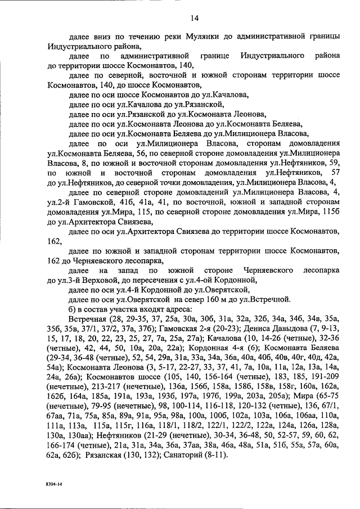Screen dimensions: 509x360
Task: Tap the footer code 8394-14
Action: (x=56, y=484)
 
